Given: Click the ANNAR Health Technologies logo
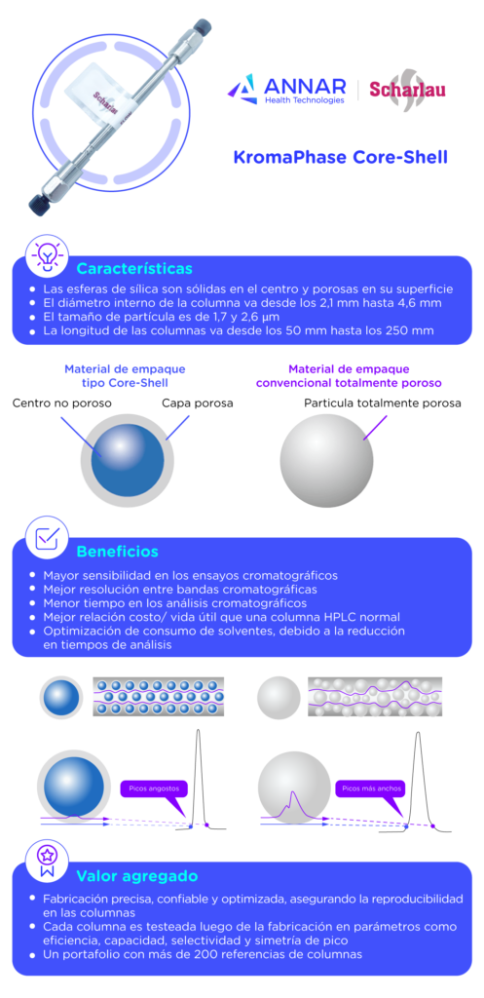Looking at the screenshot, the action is point(286,90).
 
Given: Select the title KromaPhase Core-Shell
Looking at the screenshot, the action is point(340,157).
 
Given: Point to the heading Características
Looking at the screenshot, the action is point(134,268).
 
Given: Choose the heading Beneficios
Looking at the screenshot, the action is point(118,552).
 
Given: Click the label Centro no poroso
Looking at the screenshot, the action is point(62,403).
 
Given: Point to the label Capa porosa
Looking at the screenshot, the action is point(197,403).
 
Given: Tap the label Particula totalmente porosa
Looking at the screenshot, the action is point(383,403).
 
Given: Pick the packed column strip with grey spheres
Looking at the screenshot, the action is point(375,696).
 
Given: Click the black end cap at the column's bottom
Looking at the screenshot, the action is point(38,205).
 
